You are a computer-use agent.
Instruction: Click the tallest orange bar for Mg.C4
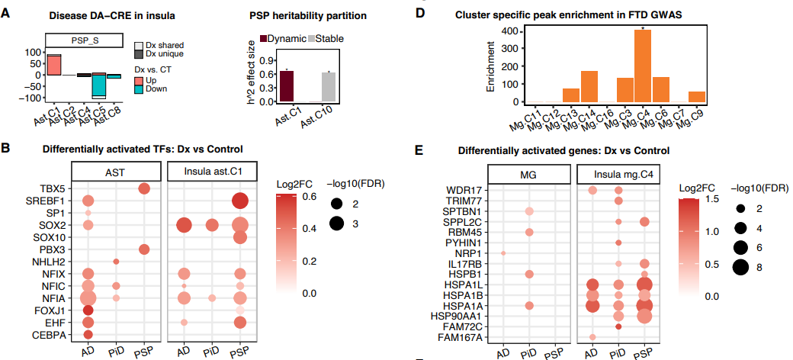[x=643, y=66]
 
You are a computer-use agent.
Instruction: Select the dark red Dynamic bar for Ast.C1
[x=287, y=86]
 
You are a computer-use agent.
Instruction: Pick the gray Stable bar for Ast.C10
[x=329, y=87]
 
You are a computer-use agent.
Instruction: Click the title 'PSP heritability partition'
[x=310, y=16]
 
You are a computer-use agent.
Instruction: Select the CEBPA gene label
[x=48, y=334]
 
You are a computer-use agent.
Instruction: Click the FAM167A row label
[x=459, y=336]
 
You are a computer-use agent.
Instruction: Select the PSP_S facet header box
[x=83, y=42]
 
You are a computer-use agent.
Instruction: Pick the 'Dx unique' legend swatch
[x=138, y=54]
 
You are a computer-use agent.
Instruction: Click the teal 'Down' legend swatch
[x=138, y=89]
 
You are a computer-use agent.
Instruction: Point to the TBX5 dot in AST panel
[x=143, y=188]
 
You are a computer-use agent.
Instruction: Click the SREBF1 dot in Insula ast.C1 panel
[x=241, y=201]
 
